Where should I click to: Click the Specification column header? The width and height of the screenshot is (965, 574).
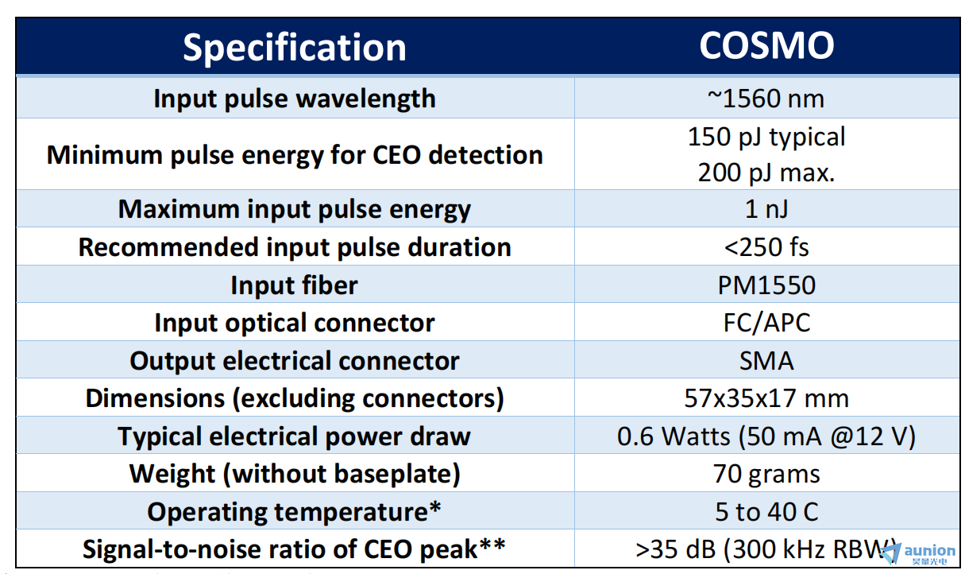[x=295, y=48]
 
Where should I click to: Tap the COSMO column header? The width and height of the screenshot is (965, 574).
[x=766, y=45]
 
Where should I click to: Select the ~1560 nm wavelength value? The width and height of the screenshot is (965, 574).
[x=766, y=99]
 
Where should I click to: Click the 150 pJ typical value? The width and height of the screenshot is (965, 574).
[x=766, y=137]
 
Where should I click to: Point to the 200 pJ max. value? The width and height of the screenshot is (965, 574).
[x=766, y=173]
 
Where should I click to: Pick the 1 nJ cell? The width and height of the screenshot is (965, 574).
[x=766, y=209]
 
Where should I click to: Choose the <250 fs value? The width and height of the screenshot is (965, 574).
[x=766, y=246]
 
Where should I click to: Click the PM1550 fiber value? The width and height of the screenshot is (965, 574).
[x=766, y=285]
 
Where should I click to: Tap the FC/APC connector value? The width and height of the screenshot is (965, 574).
[x=766, y=323]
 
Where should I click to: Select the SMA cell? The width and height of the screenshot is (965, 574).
[x=766, y=360]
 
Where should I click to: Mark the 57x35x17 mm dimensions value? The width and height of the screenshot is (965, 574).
[x=766, y=398]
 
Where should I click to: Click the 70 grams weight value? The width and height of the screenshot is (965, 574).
[x=766, y=475]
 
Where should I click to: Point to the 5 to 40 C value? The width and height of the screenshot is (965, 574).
[x=766, y=512]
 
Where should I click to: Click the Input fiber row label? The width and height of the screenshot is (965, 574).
[x=294, y=285]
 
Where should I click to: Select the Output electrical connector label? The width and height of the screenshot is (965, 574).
[x=294, y=360]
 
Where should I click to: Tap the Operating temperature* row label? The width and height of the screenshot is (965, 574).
[x=294, y=512]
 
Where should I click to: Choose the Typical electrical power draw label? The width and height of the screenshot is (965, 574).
[x=294, y=436]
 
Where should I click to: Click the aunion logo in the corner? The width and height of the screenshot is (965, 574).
[x=917, y=553]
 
